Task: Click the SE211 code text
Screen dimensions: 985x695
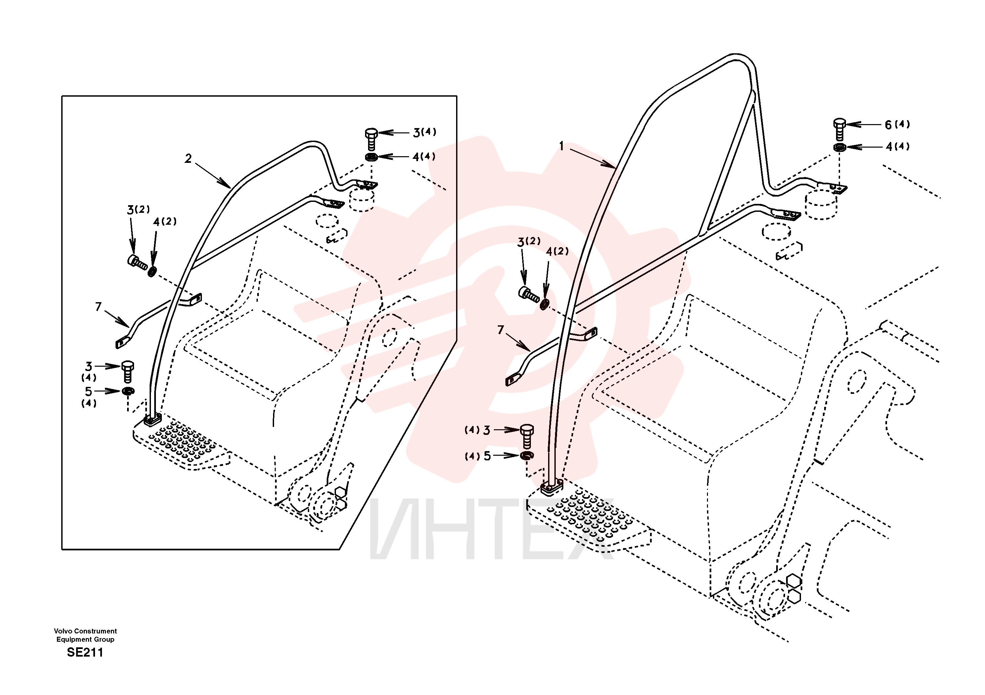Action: click(85, 653)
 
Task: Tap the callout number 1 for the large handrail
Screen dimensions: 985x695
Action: click(561, 146)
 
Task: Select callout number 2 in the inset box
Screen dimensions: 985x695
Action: click(188, 159)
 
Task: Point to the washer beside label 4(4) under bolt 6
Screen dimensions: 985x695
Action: click(840, 148)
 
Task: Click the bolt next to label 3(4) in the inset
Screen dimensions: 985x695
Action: click(371, 138)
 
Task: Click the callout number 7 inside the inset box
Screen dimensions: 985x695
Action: click(98, 307)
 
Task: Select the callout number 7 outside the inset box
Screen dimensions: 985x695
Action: click(500, 330)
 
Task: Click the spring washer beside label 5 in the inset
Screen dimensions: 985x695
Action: click(128, 391)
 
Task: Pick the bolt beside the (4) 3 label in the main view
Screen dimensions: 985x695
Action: click(527, 436)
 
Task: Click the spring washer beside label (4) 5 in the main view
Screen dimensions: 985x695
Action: click(527, 455)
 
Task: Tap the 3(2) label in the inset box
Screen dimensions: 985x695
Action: click(138, 210)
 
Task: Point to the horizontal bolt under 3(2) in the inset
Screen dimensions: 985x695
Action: click(137, 262)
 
